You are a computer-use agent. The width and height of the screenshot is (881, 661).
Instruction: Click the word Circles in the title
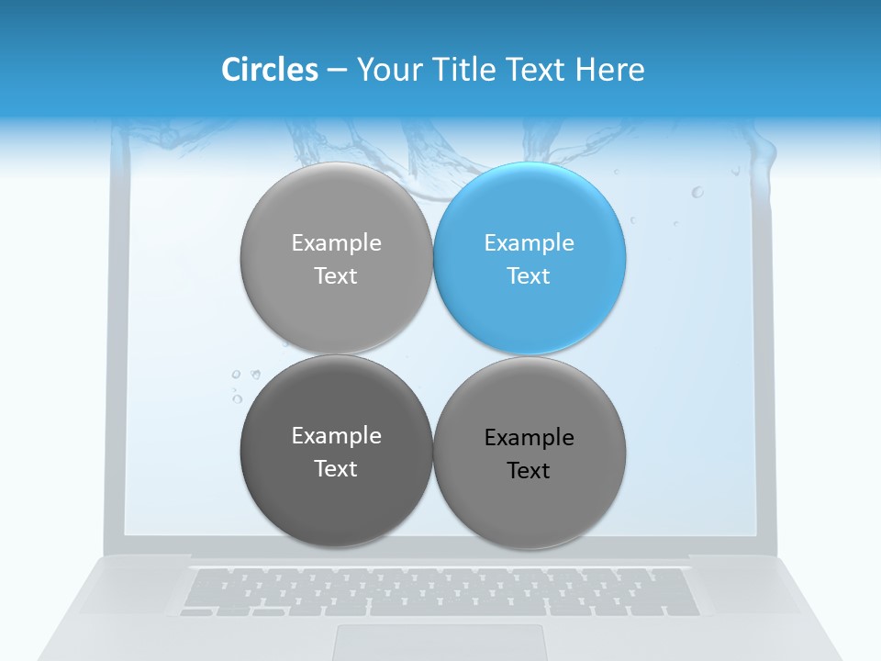click(270, 70)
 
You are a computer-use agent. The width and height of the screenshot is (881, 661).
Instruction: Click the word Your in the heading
click(389, 70)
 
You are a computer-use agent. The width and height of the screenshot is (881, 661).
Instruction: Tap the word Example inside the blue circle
click(530, 243)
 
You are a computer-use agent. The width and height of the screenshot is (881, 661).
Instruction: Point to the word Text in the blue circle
click(530, 276)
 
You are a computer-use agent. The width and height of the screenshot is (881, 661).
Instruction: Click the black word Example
click(530, 438)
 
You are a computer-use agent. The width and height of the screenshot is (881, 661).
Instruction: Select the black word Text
click(530, 471)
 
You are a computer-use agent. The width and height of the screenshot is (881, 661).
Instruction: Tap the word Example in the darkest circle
click(336, 436)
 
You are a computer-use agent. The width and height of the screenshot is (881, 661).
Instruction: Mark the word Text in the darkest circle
click(336, 469)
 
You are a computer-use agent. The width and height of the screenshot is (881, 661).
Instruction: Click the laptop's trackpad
click(440, 643)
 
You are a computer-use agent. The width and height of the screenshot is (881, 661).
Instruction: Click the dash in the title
click(337, 70)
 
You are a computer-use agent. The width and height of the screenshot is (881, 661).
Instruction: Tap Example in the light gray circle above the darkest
click(336, 243)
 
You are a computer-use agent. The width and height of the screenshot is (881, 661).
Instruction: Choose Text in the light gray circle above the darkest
click(336, 276)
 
